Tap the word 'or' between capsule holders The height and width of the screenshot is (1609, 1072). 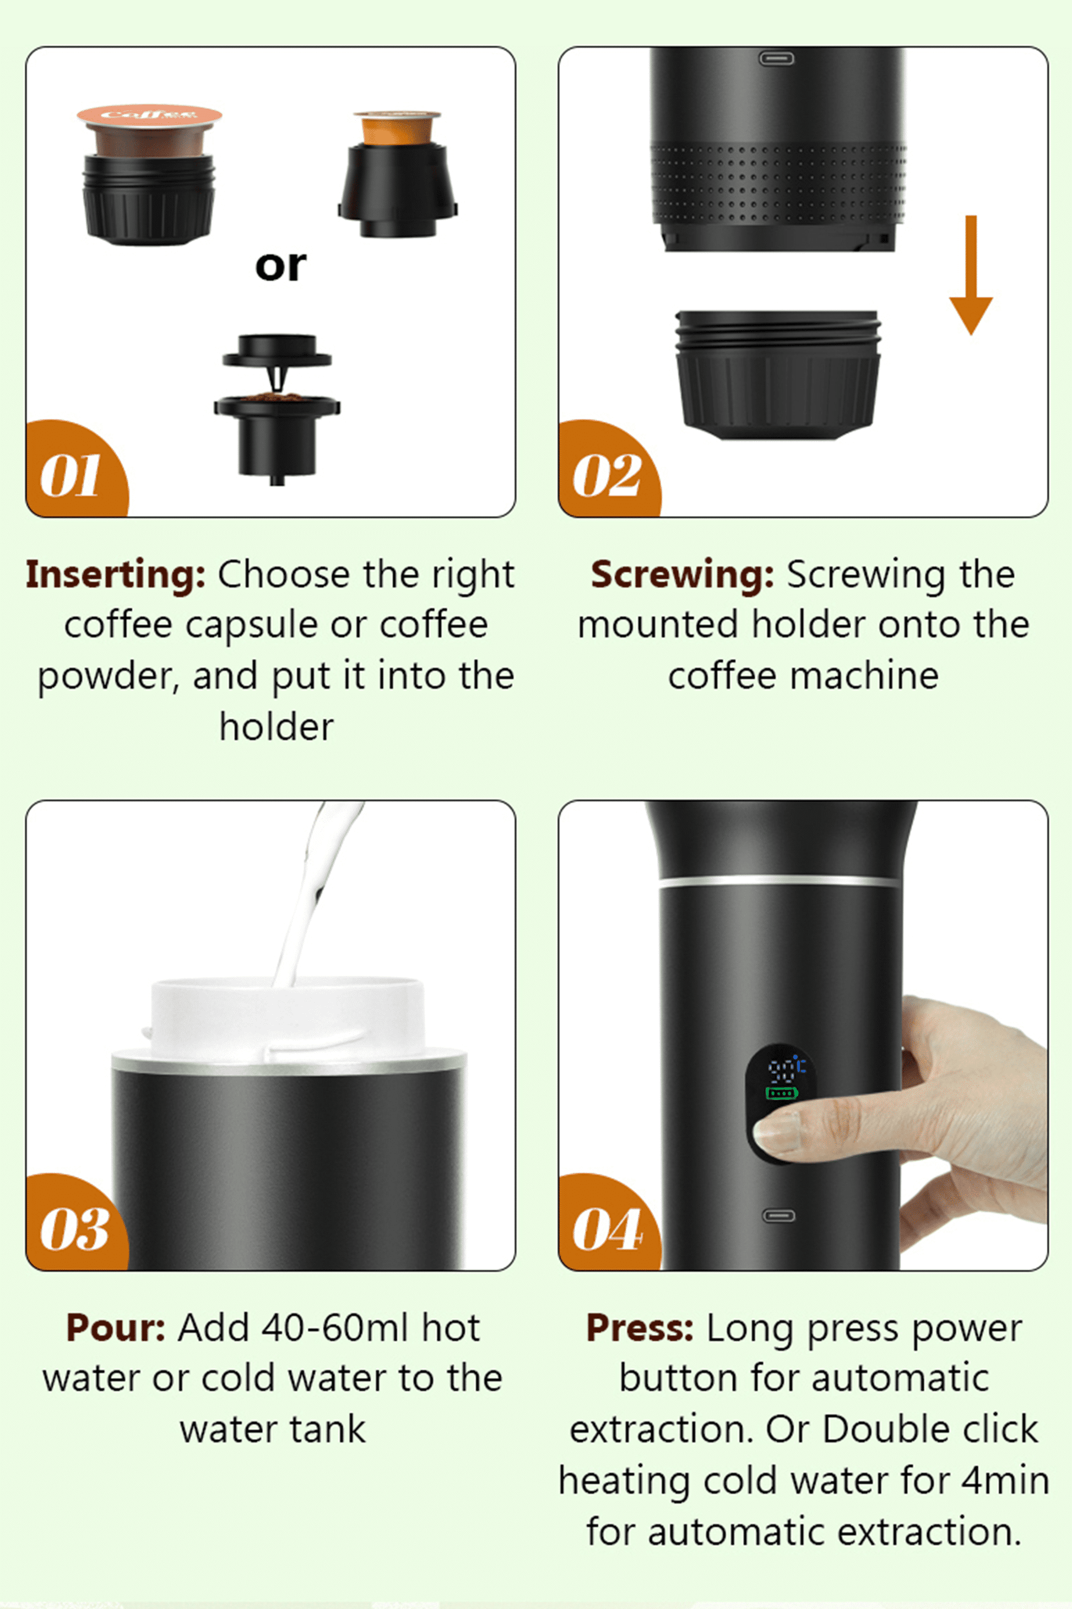280,266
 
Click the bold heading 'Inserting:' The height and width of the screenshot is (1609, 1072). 115,574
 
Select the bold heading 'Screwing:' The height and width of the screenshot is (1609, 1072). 681,574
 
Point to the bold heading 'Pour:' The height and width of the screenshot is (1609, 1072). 115,1328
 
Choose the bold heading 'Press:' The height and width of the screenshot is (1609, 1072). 639,1328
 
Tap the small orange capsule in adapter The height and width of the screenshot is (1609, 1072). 397,128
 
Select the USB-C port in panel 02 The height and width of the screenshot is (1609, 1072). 777,59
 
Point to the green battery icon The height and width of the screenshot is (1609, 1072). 782,1093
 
